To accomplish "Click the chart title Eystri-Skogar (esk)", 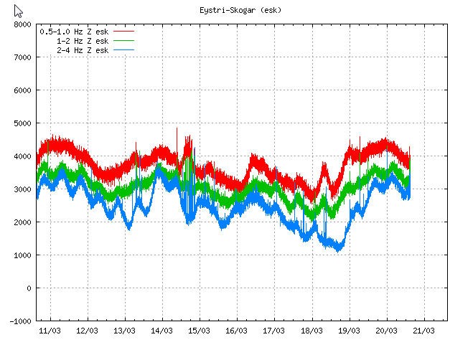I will click(240, 10).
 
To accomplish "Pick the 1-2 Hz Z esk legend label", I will click(82, 42).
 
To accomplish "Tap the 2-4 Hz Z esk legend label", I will click(82, 51).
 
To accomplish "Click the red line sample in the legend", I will click(123, 32).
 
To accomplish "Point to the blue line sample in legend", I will click(123, 51).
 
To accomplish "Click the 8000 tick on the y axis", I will click(22, 24).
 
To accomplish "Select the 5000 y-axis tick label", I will click(22, 123).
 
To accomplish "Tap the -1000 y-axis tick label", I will click(19, 321).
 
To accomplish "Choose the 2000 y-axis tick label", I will click(22, 222).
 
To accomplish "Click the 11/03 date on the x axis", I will click(50, 331).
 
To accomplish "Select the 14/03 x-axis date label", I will click(161, 331).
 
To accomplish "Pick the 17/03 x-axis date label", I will click(274, 331).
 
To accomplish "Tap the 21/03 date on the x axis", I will click(423, 331).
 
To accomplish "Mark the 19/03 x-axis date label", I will click(349, 331).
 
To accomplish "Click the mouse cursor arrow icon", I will click(18, 11).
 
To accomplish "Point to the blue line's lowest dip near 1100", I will click(338, 250).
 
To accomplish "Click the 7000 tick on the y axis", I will click(22, 57).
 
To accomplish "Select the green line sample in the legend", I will click(123, 42).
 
